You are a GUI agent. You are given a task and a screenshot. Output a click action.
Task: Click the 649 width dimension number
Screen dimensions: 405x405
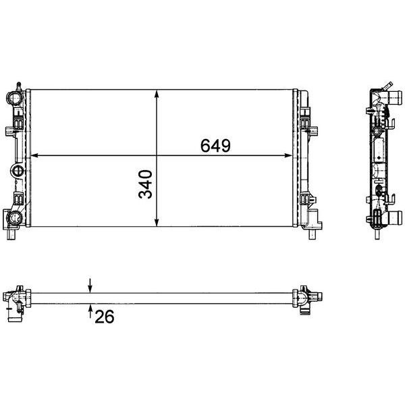pyautogui.click(x=215, y=146)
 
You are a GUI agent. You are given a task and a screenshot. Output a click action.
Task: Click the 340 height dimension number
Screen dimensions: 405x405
pyautogui.click(x=145, y=184)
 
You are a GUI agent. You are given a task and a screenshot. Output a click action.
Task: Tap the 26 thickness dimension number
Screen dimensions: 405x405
pyautogui.click(x=105, y=317)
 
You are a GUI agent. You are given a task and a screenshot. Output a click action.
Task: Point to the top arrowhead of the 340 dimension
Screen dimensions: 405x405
pyautogui.click(x=157, y=94)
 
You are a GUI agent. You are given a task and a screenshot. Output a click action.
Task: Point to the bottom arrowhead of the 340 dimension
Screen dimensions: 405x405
pyautogui.click(x=157, y=222)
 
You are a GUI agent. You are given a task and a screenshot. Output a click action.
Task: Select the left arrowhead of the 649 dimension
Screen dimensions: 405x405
pyautogui.click(x=34, y=155)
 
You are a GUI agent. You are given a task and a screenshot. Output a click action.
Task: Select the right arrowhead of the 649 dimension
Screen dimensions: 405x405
pyautogui.click(x=288, y=155)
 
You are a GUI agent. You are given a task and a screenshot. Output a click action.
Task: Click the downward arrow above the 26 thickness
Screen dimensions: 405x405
pyautogui.click(x=90, y=286)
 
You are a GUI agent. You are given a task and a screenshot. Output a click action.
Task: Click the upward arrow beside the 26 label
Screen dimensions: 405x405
pyautogui.click(x=90, y=311)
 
